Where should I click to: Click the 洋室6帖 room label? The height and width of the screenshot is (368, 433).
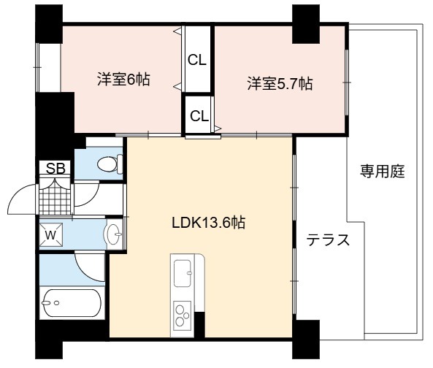click(123, 80)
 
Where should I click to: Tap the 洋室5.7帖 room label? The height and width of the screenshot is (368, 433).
click(280, 83)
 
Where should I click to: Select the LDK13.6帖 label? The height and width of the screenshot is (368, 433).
click(209, 223)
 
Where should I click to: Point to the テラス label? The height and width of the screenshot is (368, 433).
click(328, 239)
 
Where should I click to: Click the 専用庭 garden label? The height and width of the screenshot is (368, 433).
click(383, 171)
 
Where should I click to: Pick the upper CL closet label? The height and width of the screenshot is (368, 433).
click(197, 60)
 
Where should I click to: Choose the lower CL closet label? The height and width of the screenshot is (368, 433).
click(199, 116)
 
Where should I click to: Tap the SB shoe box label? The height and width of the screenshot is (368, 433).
click(55, 168)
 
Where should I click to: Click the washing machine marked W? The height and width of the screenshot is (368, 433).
click(51, 235)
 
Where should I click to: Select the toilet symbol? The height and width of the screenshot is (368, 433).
click(110, 164)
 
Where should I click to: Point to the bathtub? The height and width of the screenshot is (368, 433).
click(71, 303)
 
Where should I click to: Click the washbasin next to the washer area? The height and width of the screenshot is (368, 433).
click(113, 234)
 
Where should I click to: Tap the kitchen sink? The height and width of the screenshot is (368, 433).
click(183, 273)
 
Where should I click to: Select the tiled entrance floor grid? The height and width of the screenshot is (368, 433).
click(55, 198)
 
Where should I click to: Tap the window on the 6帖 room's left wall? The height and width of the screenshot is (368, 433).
click(37, 67)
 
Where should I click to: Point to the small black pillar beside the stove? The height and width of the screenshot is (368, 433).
click(200, 325)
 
